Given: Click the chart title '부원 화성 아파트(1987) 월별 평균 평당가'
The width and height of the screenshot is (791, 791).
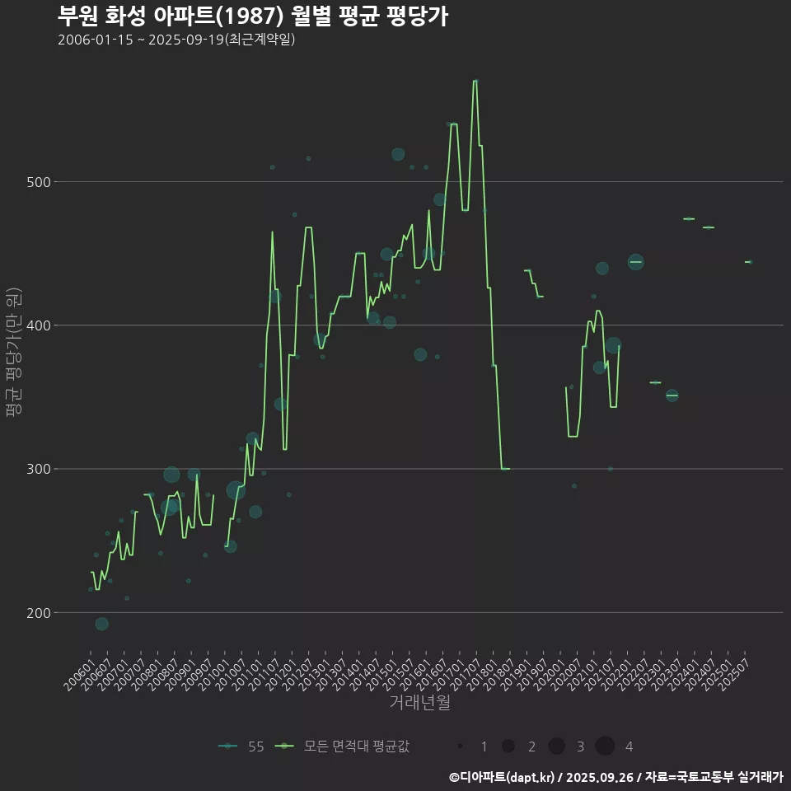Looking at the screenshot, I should (x=253, y=16).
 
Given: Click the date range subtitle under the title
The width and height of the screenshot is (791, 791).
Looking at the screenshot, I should (x=176, y=40).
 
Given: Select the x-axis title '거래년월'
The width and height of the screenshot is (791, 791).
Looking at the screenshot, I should (x=419, y=703).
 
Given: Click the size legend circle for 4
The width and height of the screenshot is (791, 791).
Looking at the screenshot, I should (x=605, y=747).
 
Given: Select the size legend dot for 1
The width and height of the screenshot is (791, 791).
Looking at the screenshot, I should (x=460, y=747).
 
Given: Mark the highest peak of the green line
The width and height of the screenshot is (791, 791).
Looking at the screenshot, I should (x=475, y=81).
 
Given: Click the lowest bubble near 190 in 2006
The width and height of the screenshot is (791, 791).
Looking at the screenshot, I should (x=101, y=624).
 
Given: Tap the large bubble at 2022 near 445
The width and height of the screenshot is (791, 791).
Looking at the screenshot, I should (x=635, y=262).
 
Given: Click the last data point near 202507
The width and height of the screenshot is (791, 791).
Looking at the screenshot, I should (x=748, y=262).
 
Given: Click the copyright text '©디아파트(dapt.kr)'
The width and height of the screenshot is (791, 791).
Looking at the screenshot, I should (x=505, y=776).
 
